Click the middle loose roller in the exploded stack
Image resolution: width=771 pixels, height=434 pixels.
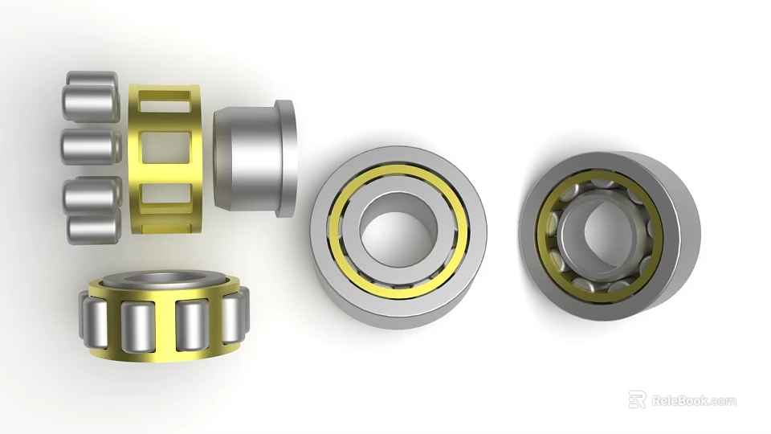pos(90,145)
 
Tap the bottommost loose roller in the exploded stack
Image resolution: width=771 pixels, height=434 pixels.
pos(94,228)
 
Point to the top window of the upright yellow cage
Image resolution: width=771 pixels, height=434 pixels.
pos(165,102)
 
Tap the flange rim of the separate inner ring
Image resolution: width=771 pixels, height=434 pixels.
pos(285,158)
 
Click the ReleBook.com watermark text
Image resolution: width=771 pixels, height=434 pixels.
pos(693,400)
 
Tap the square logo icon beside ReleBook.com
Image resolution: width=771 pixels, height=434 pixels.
pos(637,399)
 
